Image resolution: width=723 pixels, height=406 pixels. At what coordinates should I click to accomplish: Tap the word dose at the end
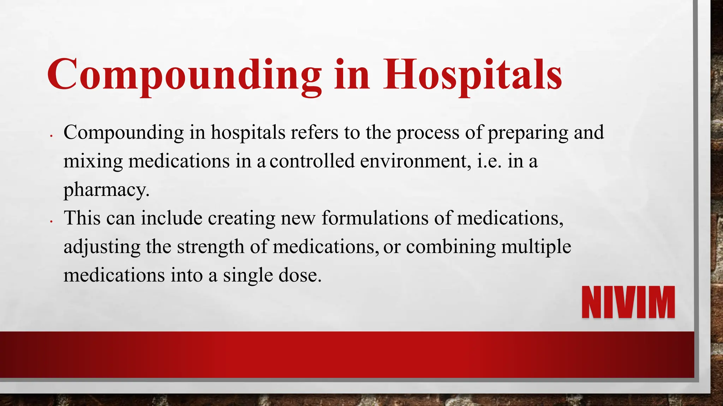point(300,275)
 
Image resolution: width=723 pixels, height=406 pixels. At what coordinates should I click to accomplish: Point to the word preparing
point(527,133)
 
